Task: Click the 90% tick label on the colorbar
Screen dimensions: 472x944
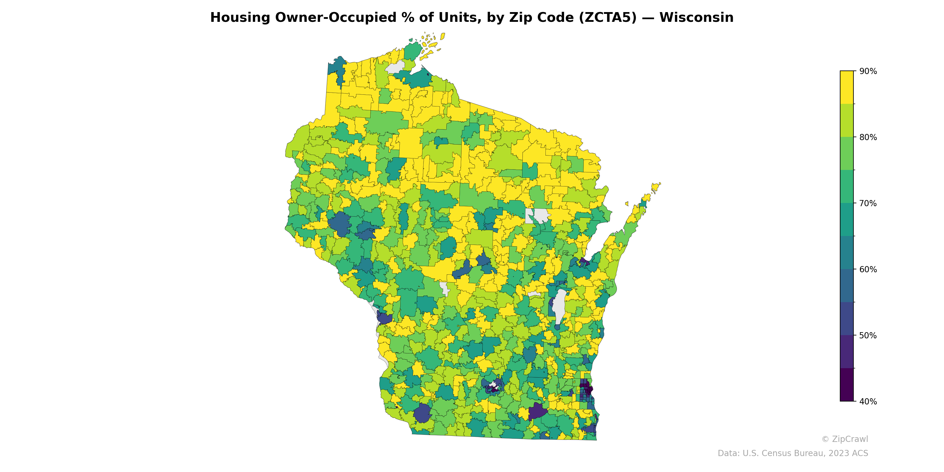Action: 868,71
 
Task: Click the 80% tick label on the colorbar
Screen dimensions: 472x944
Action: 868,137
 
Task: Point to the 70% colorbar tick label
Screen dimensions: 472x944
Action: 868,203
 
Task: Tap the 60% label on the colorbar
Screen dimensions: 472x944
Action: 868,269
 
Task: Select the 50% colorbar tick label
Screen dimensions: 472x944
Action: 868,335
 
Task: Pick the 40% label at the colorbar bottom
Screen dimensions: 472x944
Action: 868,401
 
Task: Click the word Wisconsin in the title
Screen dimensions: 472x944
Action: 696,18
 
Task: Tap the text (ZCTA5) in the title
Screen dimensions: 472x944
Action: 608,18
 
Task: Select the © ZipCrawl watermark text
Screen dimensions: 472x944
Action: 844,439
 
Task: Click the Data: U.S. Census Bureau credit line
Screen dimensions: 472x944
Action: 793,453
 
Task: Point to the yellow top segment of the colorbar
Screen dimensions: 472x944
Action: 847,87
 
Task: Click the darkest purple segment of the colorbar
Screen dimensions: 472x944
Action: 847,385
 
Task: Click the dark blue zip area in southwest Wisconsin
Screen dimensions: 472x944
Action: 422,413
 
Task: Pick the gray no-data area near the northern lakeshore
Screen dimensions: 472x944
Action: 395,68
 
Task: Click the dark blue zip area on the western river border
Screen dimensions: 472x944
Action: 384,318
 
